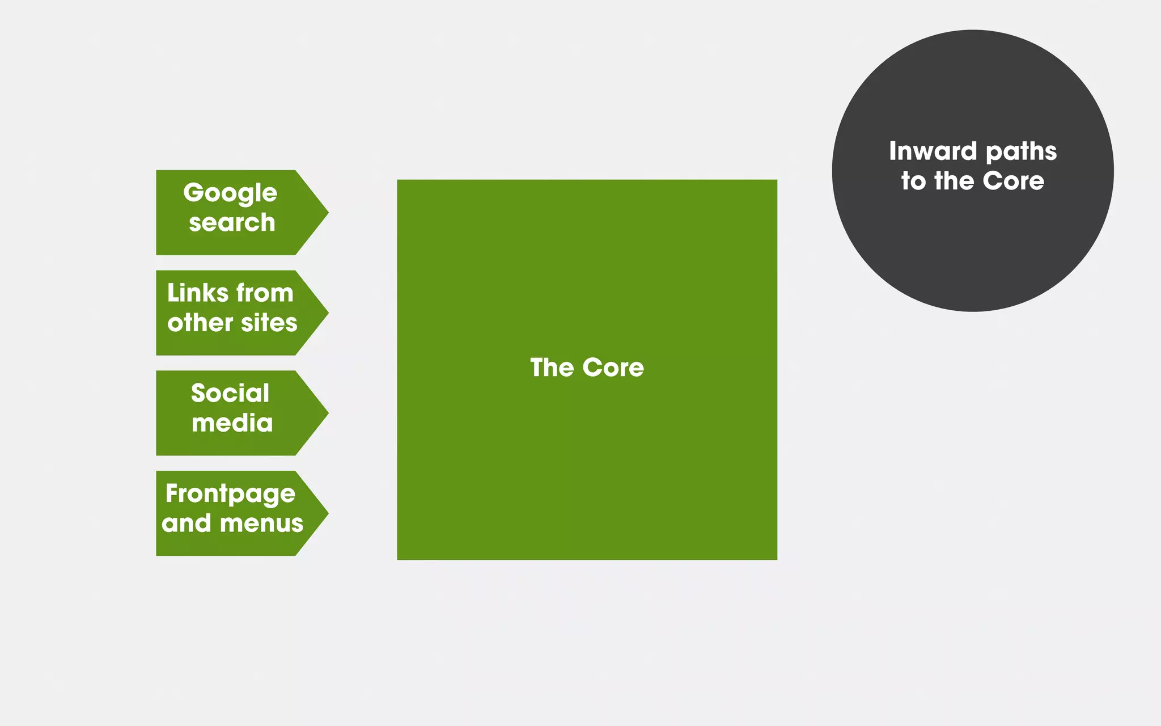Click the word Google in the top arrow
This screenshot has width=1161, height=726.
(230, 193)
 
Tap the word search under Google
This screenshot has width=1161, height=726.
(232, 222)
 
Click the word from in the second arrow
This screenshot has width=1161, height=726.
(265, 293)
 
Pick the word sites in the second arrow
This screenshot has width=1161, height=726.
(269, 323)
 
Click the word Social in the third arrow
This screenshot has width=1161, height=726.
(230, 393)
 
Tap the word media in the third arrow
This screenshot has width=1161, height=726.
(232, 423)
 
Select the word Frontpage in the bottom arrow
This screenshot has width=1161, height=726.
(230, 494)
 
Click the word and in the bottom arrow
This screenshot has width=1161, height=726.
(187, 523)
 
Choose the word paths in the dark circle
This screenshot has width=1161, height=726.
(1021, 152)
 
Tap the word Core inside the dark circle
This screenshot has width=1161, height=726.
(1013, 181)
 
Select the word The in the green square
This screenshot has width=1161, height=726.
(552, 368)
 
